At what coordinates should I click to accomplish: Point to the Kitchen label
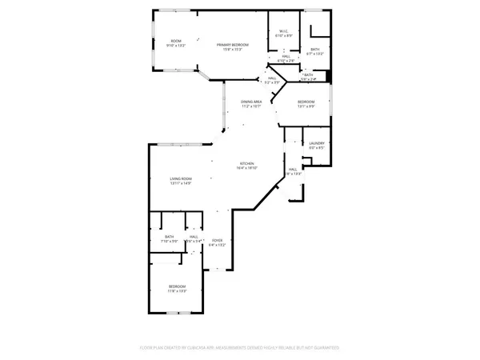(245, 163)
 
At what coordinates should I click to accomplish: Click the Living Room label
(180, 178)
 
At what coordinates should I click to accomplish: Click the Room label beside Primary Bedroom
(176, 42)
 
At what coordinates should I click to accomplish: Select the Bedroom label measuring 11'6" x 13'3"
(177, 286)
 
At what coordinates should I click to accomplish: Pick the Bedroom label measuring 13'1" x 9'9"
(306, 102)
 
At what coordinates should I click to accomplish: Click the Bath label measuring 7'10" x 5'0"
(170, 236)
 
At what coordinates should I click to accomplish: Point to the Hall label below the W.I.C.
(286, 56)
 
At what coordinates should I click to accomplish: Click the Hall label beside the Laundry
(294, 169)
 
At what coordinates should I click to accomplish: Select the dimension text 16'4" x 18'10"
(245, 168)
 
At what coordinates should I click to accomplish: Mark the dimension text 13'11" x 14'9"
(180, 184)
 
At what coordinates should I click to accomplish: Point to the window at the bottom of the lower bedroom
(177, 314)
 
